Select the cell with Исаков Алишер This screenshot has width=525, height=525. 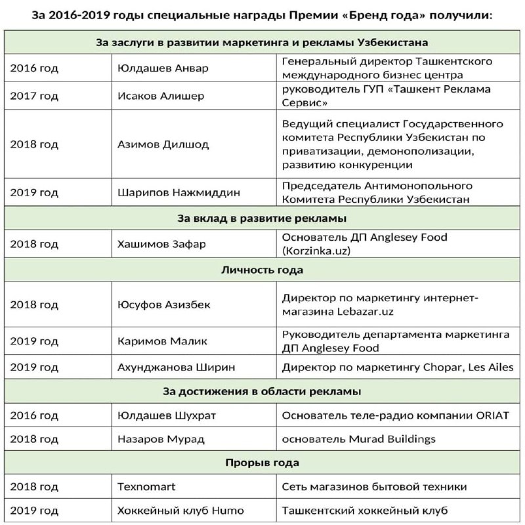pyautogui.click(x=160, y=96)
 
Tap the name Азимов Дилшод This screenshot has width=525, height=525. pyautogui.click(x=163, y=144)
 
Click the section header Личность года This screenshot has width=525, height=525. pyautogui.click(x=262, y=270)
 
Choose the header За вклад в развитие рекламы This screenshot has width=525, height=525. pyautogui.click(x=262, y=218)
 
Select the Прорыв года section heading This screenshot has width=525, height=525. pyautogui.click(x=262, y=463)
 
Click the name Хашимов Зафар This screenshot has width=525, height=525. pyautogui.click(x=161, y=244)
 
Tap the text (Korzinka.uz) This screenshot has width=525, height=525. pyautogui.click(x=314, y=251)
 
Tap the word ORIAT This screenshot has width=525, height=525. pyautogui.click(x=496, y=415)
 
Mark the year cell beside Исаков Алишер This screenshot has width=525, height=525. pyautogui.click(x=34, y=96)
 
